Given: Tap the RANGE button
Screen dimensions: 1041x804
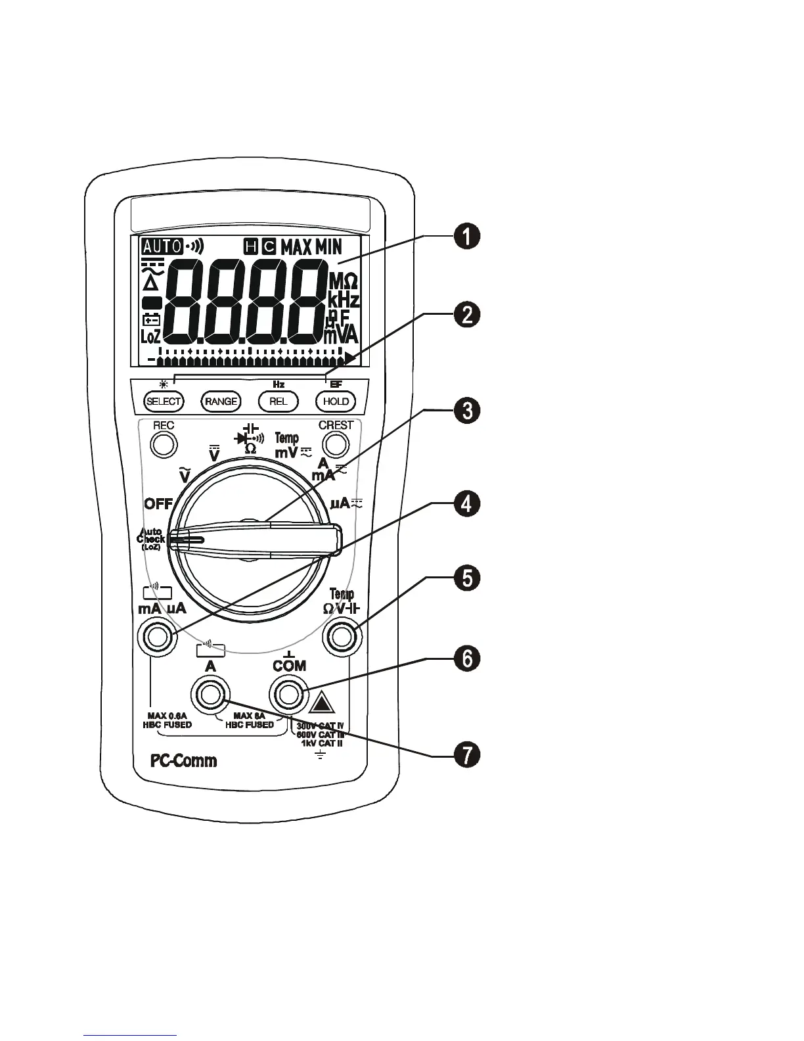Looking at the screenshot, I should pyautogui.click(x=221, y=401).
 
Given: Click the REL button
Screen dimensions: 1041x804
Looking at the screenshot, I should pyautogui.click(x=279, y=401).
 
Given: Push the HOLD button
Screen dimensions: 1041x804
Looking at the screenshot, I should pyautogui.click(x=336, y=401).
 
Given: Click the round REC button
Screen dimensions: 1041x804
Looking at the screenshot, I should pyautogui.click(x=164, y=445).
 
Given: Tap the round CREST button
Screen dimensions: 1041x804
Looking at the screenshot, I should pyautogui.click(x=336, y=445).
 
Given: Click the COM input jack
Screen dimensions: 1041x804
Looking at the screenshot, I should pyautogui.click(x=289, y=693).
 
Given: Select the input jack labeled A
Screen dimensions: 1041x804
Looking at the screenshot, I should pyautogui.click(x=210, y=693).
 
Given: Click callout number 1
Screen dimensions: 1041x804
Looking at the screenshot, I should pyautogui.click(x=467, y=237).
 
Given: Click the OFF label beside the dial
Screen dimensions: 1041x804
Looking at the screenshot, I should pyautogui.click(x=158, y=504).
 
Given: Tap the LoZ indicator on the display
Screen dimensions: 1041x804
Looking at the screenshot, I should pyautogui.click(x=151, y=336).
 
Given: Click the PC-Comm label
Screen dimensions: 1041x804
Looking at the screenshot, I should pyautogui.click(x=184, y=761).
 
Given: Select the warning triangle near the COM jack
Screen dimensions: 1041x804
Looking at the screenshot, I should pyautogui.click(x=323, y=704).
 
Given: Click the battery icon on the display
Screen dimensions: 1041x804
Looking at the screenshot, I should pyautogui.click(x=152, y=320).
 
